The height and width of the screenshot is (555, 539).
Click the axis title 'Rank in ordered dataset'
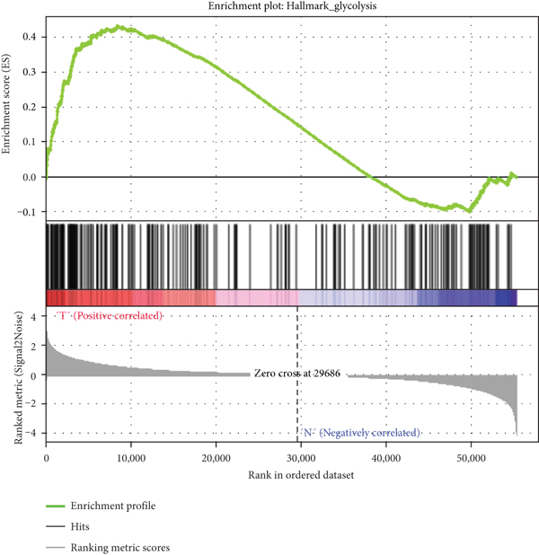[x=281, y=476]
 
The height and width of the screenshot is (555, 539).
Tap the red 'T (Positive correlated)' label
[x=109, y=316]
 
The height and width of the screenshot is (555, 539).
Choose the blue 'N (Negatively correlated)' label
[x=358, y=433]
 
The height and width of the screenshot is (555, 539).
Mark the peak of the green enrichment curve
[x=118, y=27]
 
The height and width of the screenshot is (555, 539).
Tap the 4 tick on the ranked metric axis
[x=33, y=317]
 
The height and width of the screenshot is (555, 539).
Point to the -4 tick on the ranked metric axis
[x=31, y=434]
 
